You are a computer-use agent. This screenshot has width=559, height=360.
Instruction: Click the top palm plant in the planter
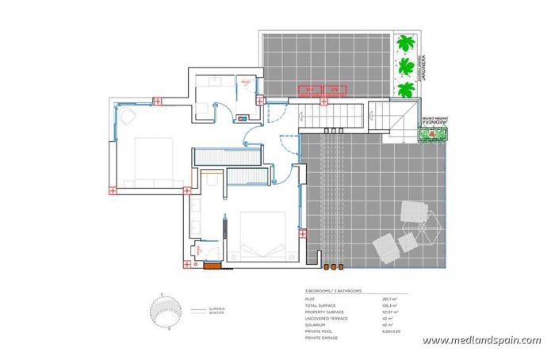tap(407, 42)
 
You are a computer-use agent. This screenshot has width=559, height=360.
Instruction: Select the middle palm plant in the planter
tap(407, 65)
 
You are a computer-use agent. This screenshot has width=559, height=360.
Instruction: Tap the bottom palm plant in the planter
tap(407, 88)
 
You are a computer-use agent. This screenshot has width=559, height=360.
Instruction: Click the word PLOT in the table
tap(310, 299)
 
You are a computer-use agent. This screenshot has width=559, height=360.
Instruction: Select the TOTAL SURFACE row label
tap(320, 305)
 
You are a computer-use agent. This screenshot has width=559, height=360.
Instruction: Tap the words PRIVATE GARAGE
tap(321, 339)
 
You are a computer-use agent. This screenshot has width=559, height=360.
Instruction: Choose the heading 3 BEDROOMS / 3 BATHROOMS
tap(333, 292)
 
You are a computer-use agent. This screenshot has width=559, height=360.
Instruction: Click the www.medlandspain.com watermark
tap(481, 341)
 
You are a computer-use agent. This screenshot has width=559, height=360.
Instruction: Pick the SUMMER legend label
tap(216, 308)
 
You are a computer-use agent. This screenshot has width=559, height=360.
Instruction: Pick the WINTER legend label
tap(216, 313)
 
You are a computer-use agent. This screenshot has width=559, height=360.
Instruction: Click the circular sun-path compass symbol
tap(163, 312)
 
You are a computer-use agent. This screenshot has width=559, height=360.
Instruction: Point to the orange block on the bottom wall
tap(212, 266)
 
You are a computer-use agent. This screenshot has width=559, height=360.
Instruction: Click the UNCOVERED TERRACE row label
tap(325, 319)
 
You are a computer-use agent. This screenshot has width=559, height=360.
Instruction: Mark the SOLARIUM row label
tap(315, 325)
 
